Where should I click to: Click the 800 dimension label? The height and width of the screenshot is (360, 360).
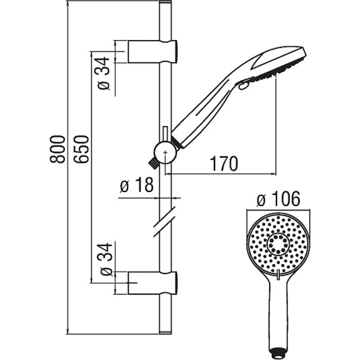coord(58,149)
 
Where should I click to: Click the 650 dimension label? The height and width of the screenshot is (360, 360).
coord(81,149)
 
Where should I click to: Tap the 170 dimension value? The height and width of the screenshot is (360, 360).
coord(224,163)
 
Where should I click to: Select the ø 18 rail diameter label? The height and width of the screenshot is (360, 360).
coord(136,185)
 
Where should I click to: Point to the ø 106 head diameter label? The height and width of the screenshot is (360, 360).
coord(278,199)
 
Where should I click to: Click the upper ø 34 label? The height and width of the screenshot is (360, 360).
coord(103,73)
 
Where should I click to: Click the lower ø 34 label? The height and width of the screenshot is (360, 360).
coord(106,260)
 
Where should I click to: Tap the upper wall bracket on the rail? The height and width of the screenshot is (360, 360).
coord(153,52)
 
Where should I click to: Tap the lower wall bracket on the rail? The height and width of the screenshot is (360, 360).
coord(153,283)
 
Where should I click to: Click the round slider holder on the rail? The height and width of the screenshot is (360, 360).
coord(165,152)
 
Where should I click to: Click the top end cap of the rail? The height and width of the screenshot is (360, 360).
coord(165,2)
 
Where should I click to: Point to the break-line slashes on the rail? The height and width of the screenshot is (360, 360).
coord(164,221)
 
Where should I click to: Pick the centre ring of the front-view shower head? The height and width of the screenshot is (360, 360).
coord(278,245)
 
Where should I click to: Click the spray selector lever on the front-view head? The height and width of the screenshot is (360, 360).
coord(278,275)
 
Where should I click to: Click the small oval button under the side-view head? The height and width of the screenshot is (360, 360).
coord(243,85)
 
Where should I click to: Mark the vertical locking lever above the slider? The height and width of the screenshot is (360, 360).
coord(165,134)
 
